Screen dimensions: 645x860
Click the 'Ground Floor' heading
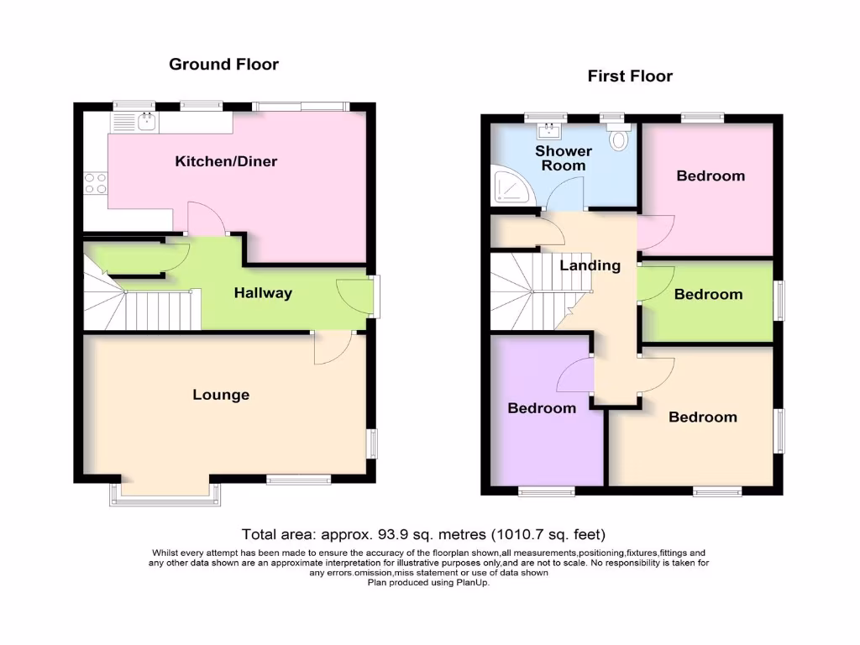tap(223, 64)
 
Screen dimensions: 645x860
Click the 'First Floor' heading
tap(630, 76)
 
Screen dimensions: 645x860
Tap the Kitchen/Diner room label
tap(226, 161)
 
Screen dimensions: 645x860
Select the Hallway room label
tap(263, 293)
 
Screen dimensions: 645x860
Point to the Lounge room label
tap(221, 395)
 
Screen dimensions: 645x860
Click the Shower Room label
tap(564, 158)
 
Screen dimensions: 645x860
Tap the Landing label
tap(590, 265)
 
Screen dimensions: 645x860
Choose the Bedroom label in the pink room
tap(711, 176)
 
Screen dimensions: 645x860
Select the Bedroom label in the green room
tap(708, 295)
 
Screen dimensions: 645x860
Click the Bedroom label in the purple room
tap(542, 408)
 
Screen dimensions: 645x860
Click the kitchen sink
tap(145, 123)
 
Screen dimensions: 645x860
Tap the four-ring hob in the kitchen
tap(95, 183)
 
